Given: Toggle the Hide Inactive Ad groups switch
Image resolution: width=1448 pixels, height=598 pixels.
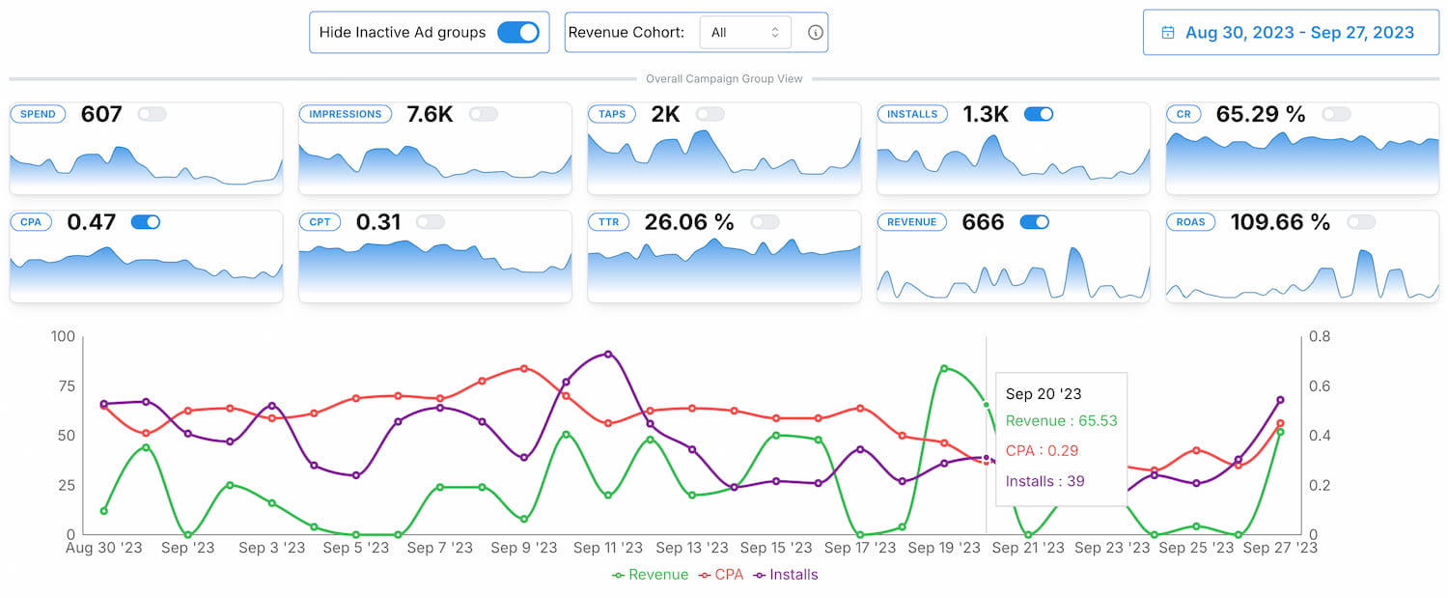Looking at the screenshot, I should click(x=518, y=32).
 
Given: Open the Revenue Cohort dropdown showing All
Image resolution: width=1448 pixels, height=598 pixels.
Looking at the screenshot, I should click(x=744, y=32).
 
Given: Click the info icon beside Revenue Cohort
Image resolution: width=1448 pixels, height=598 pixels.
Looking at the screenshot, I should click(x=815, y=32).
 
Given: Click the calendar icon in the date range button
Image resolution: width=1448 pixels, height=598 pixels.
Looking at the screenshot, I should click(x=1168, y=33).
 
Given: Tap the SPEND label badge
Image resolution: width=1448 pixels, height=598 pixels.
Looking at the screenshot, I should click(x=39, y=114).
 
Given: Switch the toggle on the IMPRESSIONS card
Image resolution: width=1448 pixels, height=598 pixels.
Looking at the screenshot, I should click(x=483, y=114).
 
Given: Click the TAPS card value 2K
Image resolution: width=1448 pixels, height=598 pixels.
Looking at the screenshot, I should click(x=665, y=114).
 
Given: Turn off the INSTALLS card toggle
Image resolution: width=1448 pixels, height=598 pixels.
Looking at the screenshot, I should click(x=1038, y=114).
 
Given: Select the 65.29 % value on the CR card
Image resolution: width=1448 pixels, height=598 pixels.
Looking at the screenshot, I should click(x=1260, y=114).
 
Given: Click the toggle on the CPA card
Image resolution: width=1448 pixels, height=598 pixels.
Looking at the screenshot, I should click(x=145, y=222).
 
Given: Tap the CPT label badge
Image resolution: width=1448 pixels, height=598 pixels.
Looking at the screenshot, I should click(x=320, y=222).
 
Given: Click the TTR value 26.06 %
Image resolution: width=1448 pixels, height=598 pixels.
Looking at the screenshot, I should click(x=689, y=222).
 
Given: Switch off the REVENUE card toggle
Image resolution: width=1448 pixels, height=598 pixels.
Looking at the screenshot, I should click(x=1034, y=222).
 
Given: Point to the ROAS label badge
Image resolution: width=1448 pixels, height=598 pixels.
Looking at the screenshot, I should click(x=1191, y=222).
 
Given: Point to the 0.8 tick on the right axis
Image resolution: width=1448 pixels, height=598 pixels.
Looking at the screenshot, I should click(x=1320, y=337).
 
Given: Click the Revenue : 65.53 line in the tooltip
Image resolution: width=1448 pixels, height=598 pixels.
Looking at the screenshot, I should click(x=1061, y=421).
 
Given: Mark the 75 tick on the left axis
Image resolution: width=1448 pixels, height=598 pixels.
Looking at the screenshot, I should click(x=64, y=386).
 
